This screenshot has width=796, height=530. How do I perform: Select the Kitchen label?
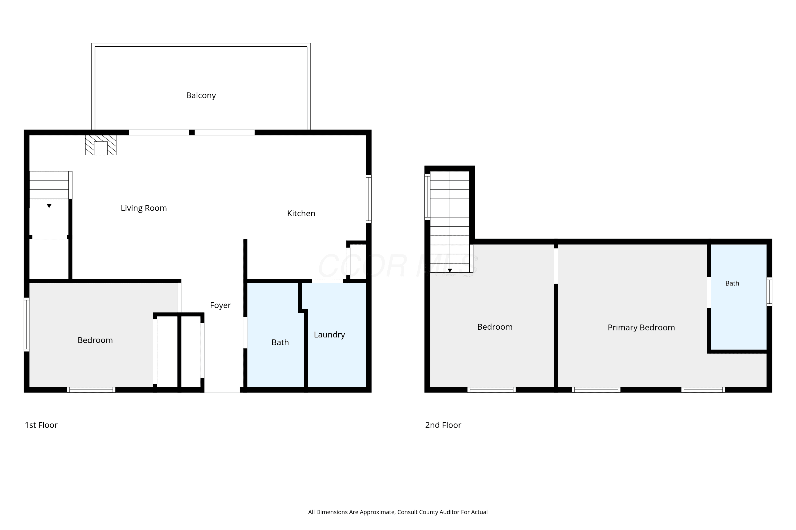301,213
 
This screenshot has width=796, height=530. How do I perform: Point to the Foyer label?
220,306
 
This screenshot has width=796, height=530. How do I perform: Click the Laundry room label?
329,335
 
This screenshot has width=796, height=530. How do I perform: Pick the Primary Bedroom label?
641,328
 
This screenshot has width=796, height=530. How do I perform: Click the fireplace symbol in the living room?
101,145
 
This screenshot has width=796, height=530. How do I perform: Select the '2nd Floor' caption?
443,425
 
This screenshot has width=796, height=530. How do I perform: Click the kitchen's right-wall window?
369,199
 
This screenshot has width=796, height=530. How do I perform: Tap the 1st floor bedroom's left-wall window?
26,324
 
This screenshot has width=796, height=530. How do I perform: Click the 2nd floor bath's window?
769,292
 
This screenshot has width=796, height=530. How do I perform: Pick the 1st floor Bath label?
280,343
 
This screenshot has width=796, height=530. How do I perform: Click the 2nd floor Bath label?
732,284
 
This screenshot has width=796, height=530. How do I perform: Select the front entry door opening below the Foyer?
222,390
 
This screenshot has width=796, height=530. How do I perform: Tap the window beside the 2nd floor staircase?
427,197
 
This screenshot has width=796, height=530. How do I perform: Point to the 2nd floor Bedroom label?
495,327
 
